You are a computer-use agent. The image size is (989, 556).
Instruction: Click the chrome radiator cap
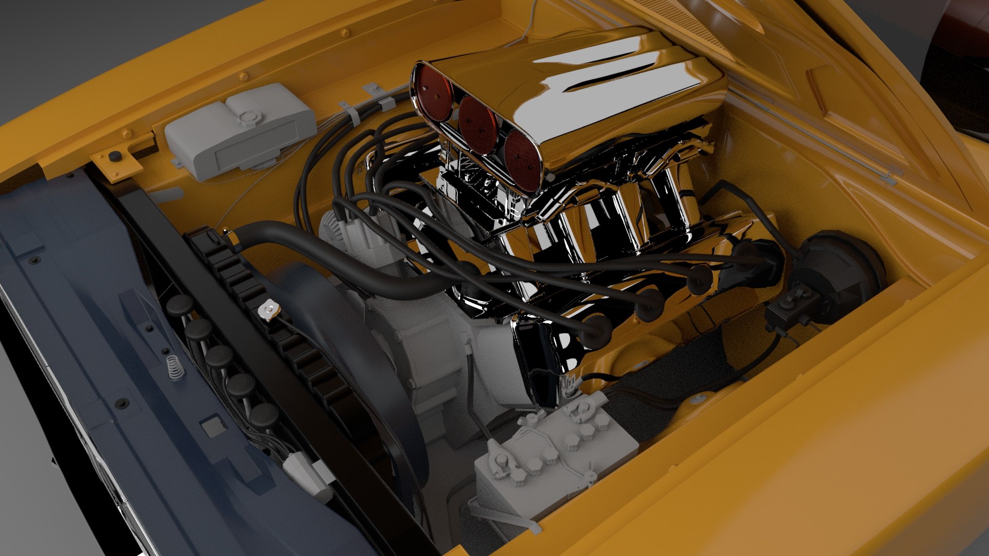click(x=269, y=310)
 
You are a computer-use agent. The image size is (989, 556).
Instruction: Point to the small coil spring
click(x=175, y=367)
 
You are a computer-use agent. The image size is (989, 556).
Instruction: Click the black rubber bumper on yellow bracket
click(x=114, y=155)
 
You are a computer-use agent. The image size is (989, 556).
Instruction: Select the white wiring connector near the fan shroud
click(x=309, y=476)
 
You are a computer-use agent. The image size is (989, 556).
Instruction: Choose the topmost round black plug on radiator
click(x=179, y=305)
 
